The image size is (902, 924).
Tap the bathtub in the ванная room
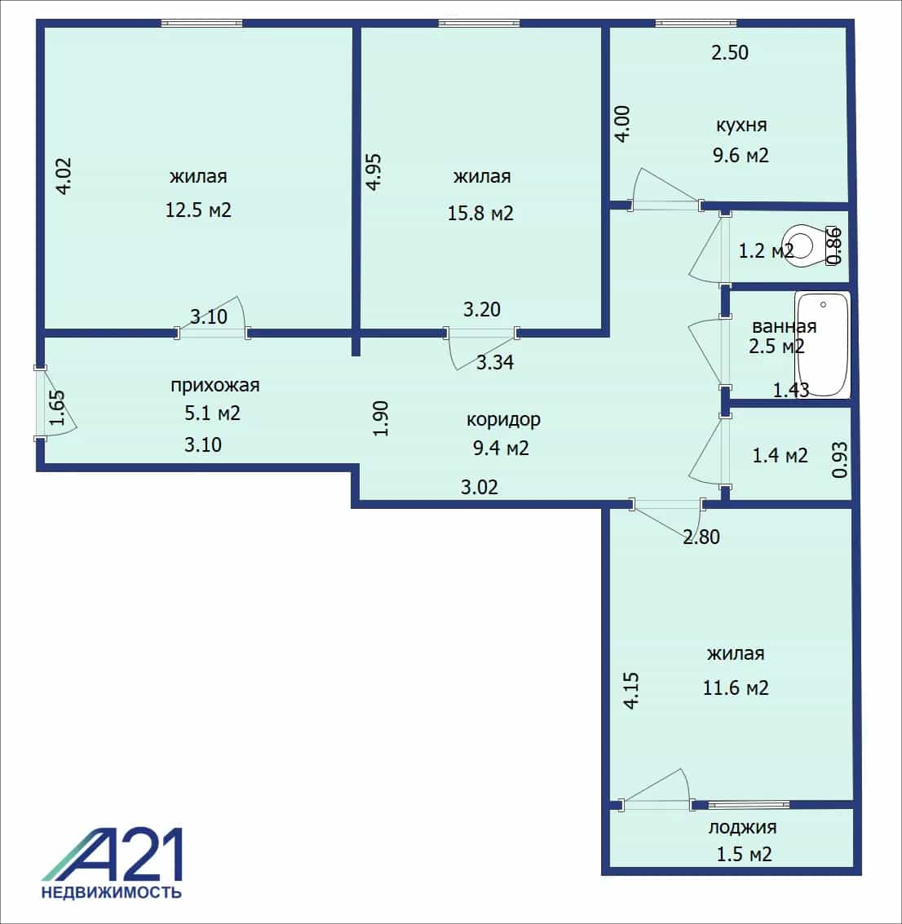pyautogui.click(x=822, y=345)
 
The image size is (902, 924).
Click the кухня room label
pyautogui.click(x=741, y=125)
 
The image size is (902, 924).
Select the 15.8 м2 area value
pyautogui.click(x=480, y=213)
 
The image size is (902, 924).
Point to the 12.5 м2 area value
pyautogui.click(x=198, y=210)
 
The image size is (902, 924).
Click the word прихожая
pyautogui.click(x=215, y=386)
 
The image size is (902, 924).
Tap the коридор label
pyautogui.click(x=503, y=419)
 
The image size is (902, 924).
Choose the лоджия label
pyautogui.click(x=742, y=827)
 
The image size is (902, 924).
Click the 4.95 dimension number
pyautogui.click(x=374, y=172)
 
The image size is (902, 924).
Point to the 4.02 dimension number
pyautogui.click(x=63, y=175)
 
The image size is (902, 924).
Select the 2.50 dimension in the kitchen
pyautogui.click(x=729, y=52)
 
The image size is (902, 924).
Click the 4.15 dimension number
pyautogui.click(x=630, y=691)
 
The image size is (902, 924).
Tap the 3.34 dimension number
pyautogui.click(x=495, y=362)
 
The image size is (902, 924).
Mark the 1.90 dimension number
pyautogui.click(x=381, y=418)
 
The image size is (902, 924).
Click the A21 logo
pyautogui.click(x=112, y=855)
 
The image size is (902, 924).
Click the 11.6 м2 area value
pyautogui.click(x=736, y=687)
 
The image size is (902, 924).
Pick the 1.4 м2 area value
pyautogui.click(x=780, y=456)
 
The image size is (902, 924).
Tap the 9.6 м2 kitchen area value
pyautogui.click(x=741, y=155)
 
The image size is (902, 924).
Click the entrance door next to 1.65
pyautogui.click(x=40, y=403)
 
